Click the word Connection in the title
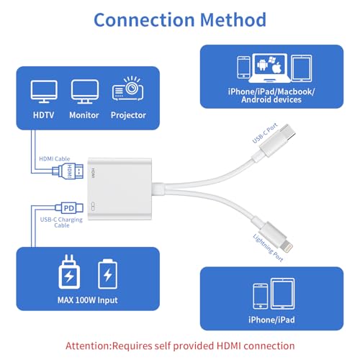(144, 19)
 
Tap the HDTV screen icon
(44, 91)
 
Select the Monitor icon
(85, 91)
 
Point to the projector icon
(128, 89)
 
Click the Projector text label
(128, 115)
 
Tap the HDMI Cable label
(55, 158)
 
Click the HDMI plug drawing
(68, 171)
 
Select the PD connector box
(69, 208)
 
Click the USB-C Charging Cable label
(61, 222)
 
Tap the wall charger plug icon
(69, 271)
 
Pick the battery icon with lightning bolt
(108, 274)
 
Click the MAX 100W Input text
(88, 300)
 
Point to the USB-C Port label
(265, 133)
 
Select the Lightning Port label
(268, 248)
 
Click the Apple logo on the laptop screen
(276, 68)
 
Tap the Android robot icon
(262, 64)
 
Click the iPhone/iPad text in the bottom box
(271, 320)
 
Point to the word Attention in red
(88, 346)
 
